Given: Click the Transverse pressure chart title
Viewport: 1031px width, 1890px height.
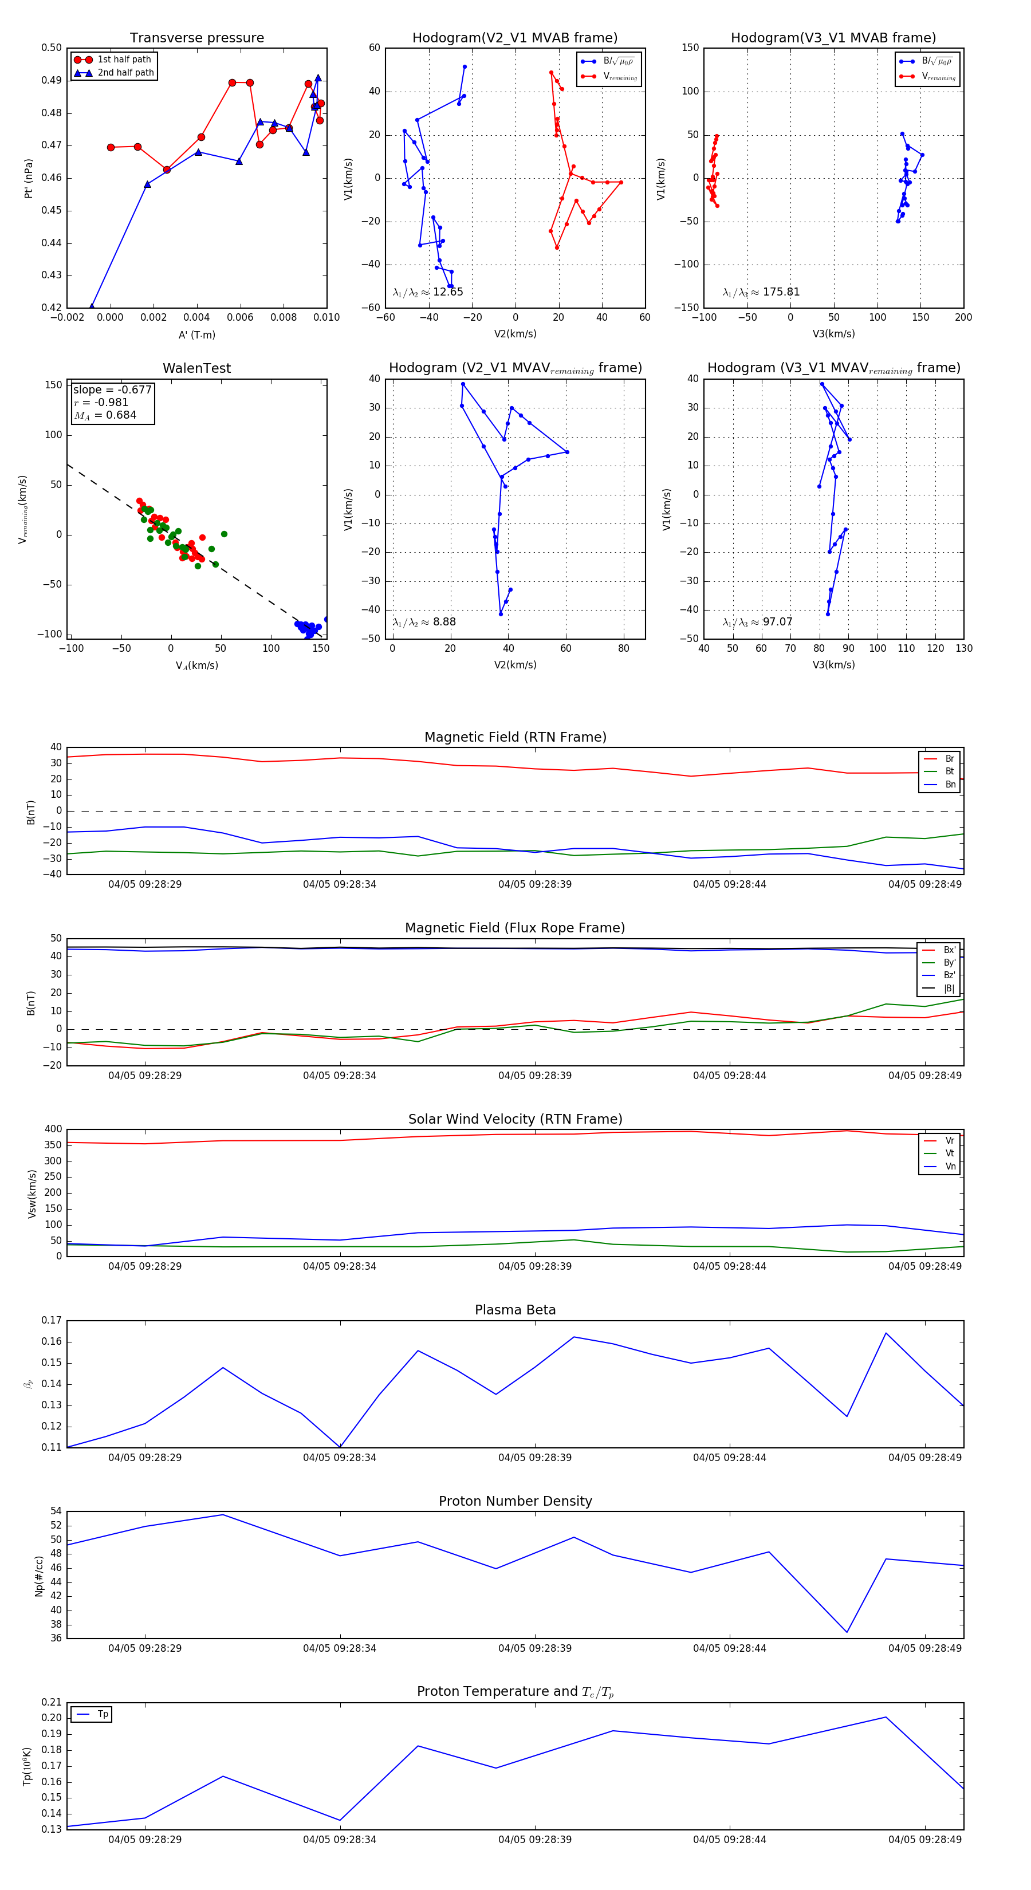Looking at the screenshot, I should click(196, 38).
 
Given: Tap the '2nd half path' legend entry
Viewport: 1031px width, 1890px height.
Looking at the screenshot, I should click(125, 73).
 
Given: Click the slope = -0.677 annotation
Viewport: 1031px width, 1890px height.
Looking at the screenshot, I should click(112, 389).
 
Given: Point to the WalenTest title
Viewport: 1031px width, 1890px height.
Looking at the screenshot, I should click(196, 368).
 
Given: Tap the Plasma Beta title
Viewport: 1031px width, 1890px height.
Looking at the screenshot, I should click(515, 1310).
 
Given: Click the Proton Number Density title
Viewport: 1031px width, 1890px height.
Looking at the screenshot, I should click(515, 1501).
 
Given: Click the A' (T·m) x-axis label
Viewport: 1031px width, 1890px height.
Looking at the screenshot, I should click(196, 334).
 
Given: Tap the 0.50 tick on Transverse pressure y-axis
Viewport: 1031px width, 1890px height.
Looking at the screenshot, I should click(52, 48).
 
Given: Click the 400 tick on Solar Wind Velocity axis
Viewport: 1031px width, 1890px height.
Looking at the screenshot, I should click(53, 1129).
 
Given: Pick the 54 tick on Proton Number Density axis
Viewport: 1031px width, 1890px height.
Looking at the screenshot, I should click(56, 1511).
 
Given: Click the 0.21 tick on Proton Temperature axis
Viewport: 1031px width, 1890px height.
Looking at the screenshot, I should click(52, 1702).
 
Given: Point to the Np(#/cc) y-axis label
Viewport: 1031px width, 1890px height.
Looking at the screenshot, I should click(39, 1575).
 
